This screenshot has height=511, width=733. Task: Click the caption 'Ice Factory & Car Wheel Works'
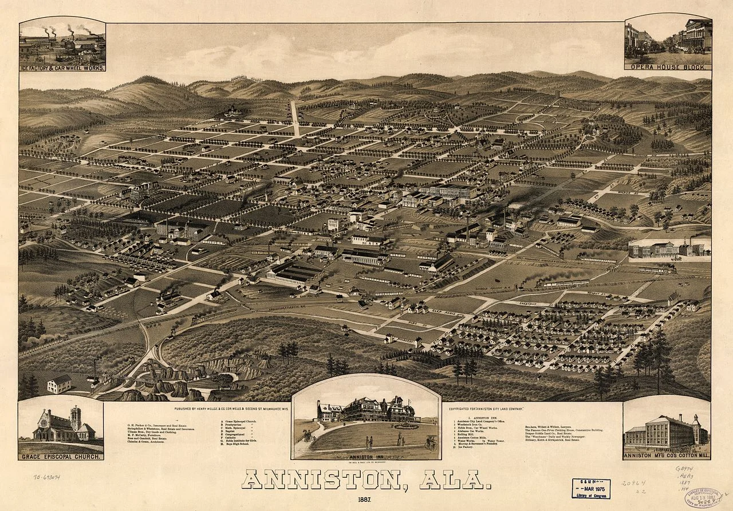point(62,68)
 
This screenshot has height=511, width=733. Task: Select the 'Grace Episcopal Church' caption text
point(61,457)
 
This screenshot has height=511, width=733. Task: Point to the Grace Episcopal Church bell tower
point(75,416)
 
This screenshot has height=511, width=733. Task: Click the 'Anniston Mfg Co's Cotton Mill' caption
point(667,456)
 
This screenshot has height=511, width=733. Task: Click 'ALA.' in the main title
point(455,479)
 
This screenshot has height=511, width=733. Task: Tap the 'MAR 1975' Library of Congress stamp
point(590,488)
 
